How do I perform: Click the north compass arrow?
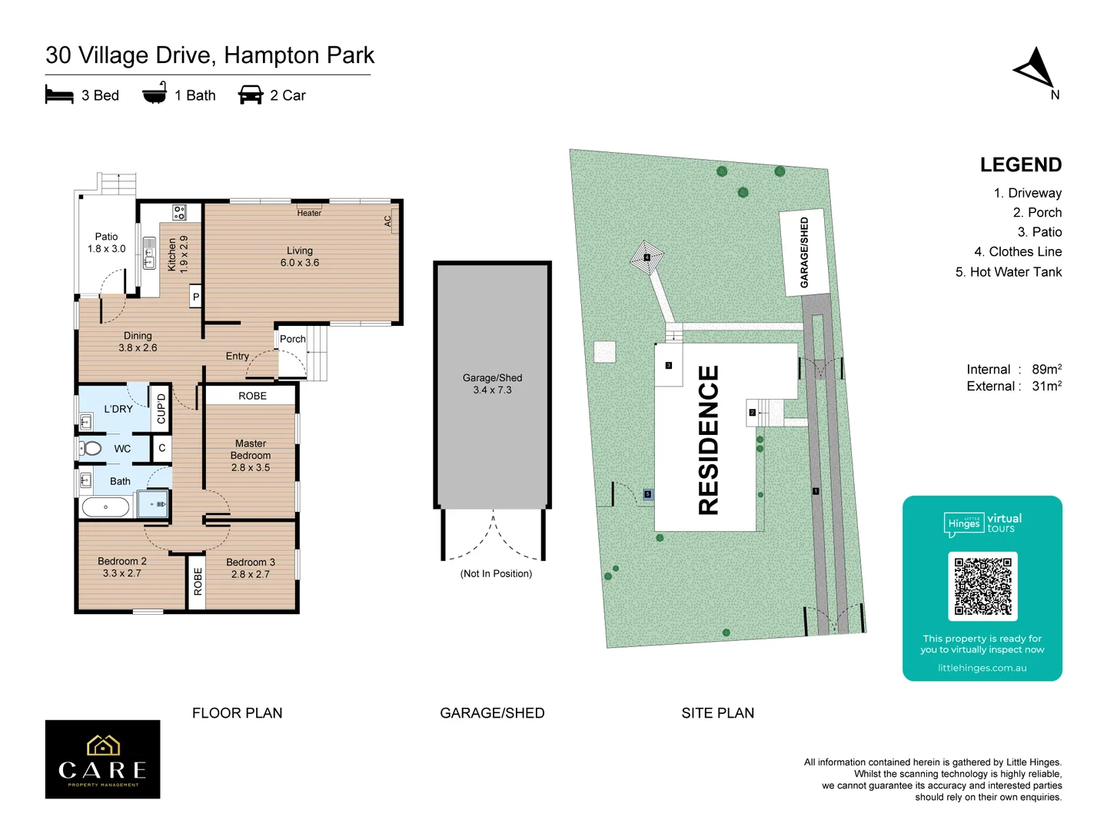point(1035,69)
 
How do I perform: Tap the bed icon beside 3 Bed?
point(59,95)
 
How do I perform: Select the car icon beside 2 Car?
point(251,95)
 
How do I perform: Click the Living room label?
point(300,257)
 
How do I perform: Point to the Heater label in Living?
point(309,213)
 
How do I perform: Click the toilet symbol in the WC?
point(91,448)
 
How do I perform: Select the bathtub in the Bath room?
point(106,506)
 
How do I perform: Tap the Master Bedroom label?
point(251,455)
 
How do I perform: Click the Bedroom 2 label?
point(122,567)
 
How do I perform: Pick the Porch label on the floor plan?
point(292,339)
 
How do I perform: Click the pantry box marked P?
point(196,297)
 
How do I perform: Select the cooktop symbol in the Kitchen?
point(179,212)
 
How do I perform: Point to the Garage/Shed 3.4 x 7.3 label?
point(492,383)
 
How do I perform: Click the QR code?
point(982,586)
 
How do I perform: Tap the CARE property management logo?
point(103,759)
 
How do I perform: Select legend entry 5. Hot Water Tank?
point(1008,272)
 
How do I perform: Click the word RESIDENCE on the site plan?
point(708,440)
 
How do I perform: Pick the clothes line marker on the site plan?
point(647,257)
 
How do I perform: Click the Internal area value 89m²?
point(1046,370)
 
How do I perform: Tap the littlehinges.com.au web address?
point(982,668)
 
